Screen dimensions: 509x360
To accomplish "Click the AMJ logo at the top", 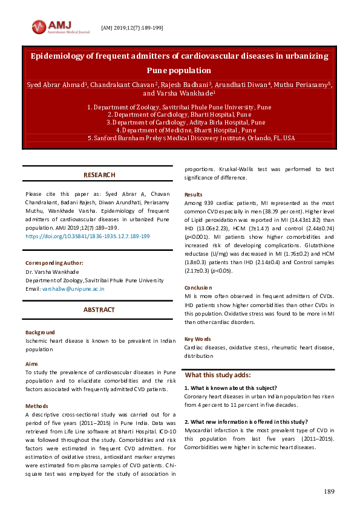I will (59, 27).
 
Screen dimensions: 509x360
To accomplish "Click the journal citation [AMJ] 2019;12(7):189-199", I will (131, 28).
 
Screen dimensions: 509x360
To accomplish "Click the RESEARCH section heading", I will (99, 175).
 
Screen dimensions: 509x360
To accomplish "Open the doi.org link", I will (88, 236).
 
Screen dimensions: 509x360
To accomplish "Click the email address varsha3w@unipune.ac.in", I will (73, 288).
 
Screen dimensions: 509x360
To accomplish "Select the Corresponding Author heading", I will (54, 263).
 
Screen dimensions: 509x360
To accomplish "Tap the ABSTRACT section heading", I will (99, 310).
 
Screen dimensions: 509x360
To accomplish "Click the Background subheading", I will (40, 332).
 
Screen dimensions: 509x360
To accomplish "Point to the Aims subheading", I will (32, 364).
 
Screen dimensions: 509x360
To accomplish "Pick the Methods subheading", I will (36, 406).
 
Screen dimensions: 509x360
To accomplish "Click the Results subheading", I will (194, 195).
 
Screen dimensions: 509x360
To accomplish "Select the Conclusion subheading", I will (198, 288).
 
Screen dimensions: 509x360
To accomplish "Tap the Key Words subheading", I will (198, 339).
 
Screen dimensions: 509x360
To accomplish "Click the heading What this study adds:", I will (217, 375).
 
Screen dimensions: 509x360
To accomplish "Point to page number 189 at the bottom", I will (329, 491).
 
